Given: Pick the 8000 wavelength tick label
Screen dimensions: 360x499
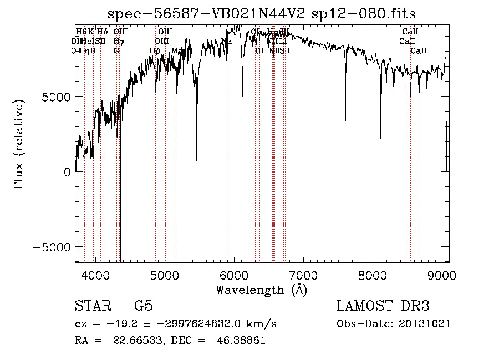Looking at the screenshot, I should pyautogui.click(x=373, y=275).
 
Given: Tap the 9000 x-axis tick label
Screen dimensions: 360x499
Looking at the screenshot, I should pyautogui.click(x=442, y=275).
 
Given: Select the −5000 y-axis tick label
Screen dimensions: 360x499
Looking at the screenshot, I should pyautogui.click(x=53, y=247).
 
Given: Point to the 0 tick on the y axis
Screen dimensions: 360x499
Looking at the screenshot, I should pyautogui.click(x=68, y=172).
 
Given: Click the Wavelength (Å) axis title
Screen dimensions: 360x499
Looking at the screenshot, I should pyautogui.click(x=261, y=290).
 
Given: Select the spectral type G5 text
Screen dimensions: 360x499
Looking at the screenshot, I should pyautogui.click(x=143, y=306).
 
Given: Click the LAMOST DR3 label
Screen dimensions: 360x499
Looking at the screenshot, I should pyautogui.click(x=383, y=306).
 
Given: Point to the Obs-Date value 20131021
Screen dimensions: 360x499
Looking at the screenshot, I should pyautogui.click(x=425, y=323).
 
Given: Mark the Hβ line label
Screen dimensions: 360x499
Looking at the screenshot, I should pyautogui.click(x=155, y=50).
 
